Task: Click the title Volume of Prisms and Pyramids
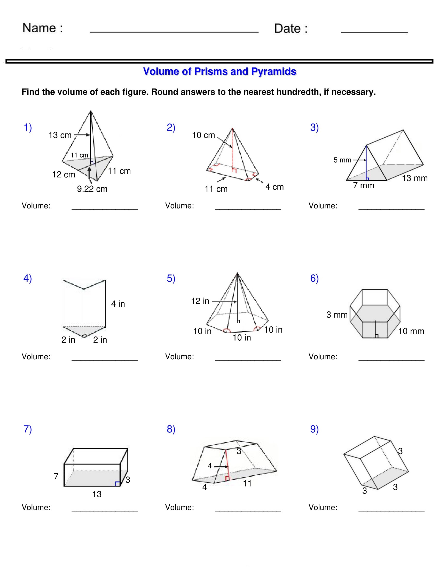coord(219,71)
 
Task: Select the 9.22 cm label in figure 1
coord(92,189)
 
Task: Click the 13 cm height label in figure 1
coord(60,135)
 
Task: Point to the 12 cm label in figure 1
coord(64,175)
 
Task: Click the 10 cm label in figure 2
coord(203,135)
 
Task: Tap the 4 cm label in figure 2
coord(274,187)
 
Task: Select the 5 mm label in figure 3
coord(342,160)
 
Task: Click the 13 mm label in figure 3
coord(414,178)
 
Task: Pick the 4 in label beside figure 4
coord(118,304)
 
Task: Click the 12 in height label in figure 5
coord(200,301)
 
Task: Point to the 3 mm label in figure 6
coord(337,315)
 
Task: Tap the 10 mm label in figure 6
coord(411,331)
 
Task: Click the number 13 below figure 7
coord(97,494)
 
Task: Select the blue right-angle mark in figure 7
coord(117,484)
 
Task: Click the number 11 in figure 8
coord(247,484)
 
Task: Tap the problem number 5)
coord(171,278)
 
